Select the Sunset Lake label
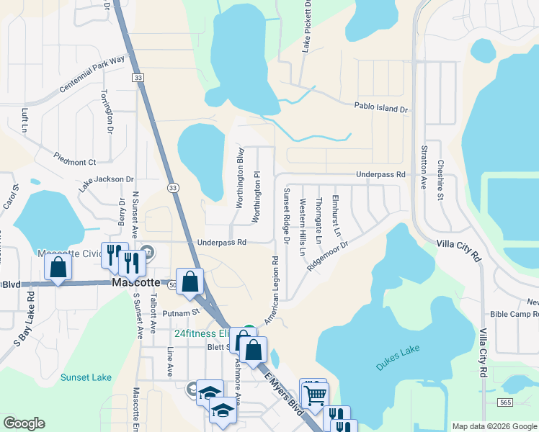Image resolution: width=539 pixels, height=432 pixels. pyautogui.click(x=86, y=377)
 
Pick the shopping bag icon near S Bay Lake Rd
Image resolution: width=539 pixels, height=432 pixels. pyautogui.click(x=58, y=266)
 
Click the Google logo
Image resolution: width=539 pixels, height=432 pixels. pyautogui.click(x=24, y=423)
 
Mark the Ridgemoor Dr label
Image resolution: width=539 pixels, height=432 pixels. pyautogui.click(x=327, y=256)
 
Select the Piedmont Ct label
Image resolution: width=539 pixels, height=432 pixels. pyautogui.click(x=76, y=158)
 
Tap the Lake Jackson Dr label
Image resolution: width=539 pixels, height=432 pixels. pyautogui.click(x=107, y=184)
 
